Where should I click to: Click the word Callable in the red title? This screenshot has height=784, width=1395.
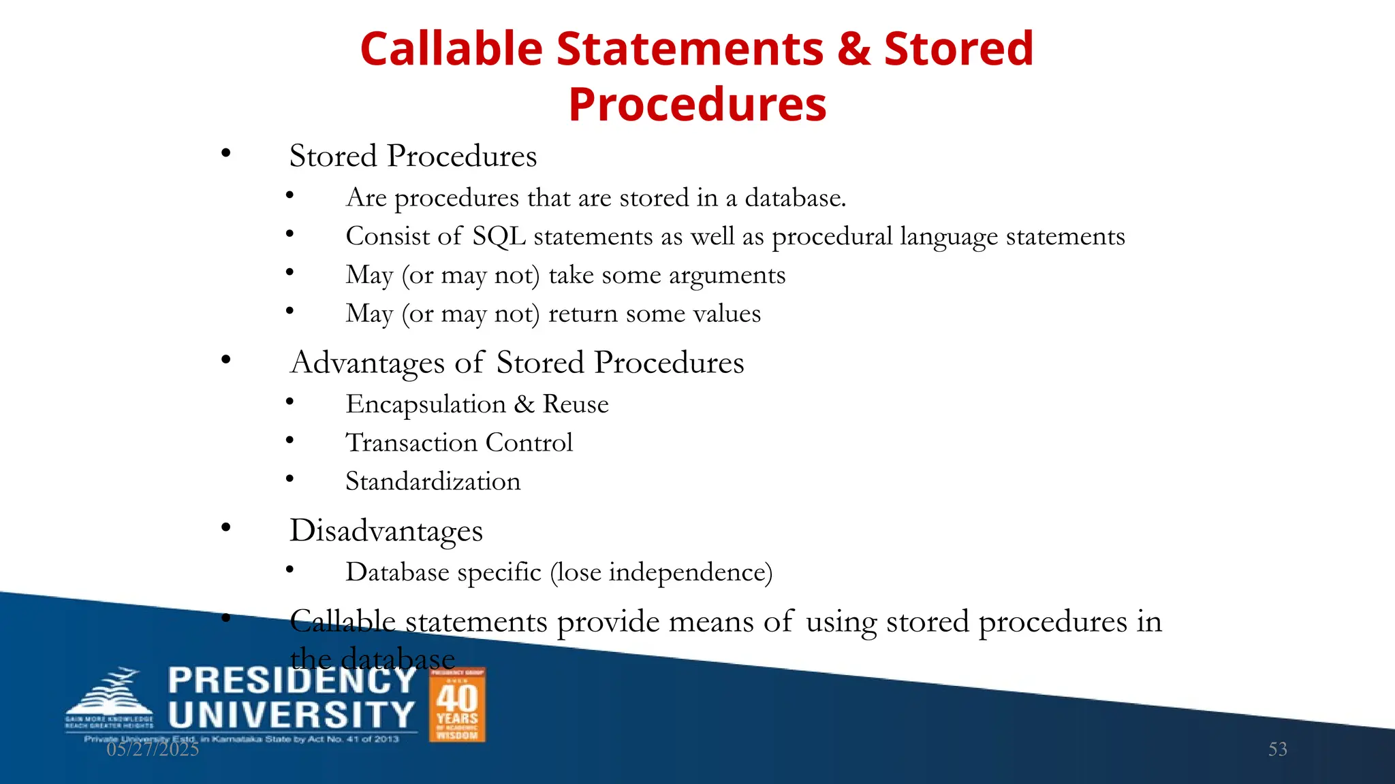[x=450, y=49]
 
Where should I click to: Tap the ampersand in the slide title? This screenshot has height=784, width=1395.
[x=854, y=49]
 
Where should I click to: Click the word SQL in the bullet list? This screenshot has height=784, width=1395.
[x=499, y=237]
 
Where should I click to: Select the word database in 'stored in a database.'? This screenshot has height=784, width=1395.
[x=795, y=198]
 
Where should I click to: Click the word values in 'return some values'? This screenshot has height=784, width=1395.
[x=727, y=314]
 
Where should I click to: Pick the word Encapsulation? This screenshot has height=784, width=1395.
[x=426, y=405]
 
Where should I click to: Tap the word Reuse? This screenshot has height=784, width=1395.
[x=576, y=404]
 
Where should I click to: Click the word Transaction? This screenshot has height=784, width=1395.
[x=411, y=443]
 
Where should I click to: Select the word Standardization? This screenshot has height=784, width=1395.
[x=433, y=482]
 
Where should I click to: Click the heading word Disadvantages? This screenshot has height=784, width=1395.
[x=386, y=531]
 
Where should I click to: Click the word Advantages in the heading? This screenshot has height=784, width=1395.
[x=368, y=363]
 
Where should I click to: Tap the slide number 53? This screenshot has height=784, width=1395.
[x=1277, y=749]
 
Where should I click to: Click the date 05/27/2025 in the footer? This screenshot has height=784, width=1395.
[x=153, y=749]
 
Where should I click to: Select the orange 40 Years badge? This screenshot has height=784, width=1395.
[x=457, y=704]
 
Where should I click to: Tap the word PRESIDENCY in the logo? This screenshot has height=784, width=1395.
[x=292, y=681]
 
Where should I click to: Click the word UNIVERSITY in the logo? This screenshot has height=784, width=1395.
[x=292, y=715]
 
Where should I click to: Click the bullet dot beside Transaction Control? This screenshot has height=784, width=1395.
[x=289, y=440]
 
